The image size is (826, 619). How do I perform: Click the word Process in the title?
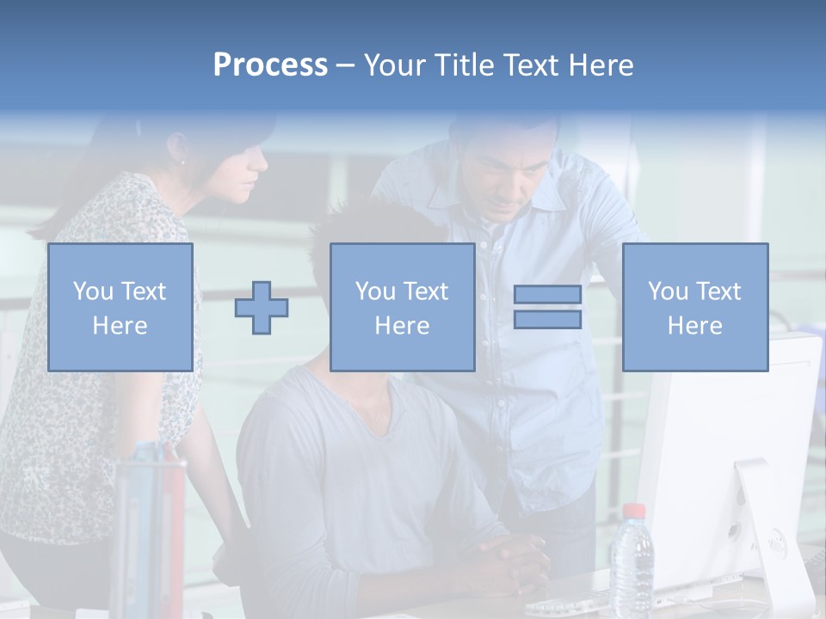coord(270,65)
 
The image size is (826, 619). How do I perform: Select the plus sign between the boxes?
coord(262,308)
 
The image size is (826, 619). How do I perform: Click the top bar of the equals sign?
coord(547,294)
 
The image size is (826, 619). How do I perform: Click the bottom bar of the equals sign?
coord(547,320)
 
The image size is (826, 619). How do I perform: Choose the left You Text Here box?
coord(120,307)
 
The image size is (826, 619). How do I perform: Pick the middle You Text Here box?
coord(402,307)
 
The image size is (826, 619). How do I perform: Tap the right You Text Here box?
coord(694,307)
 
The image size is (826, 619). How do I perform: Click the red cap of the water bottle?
coord(633,511)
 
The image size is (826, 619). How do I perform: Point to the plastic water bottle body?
coord(632,563)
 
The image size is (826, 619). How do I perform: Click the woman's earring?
coord(182,160)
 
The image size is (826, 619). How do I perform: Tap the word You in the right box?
coord(668,291)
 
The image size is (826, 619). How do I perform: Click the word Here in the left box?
coord(120,326)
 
